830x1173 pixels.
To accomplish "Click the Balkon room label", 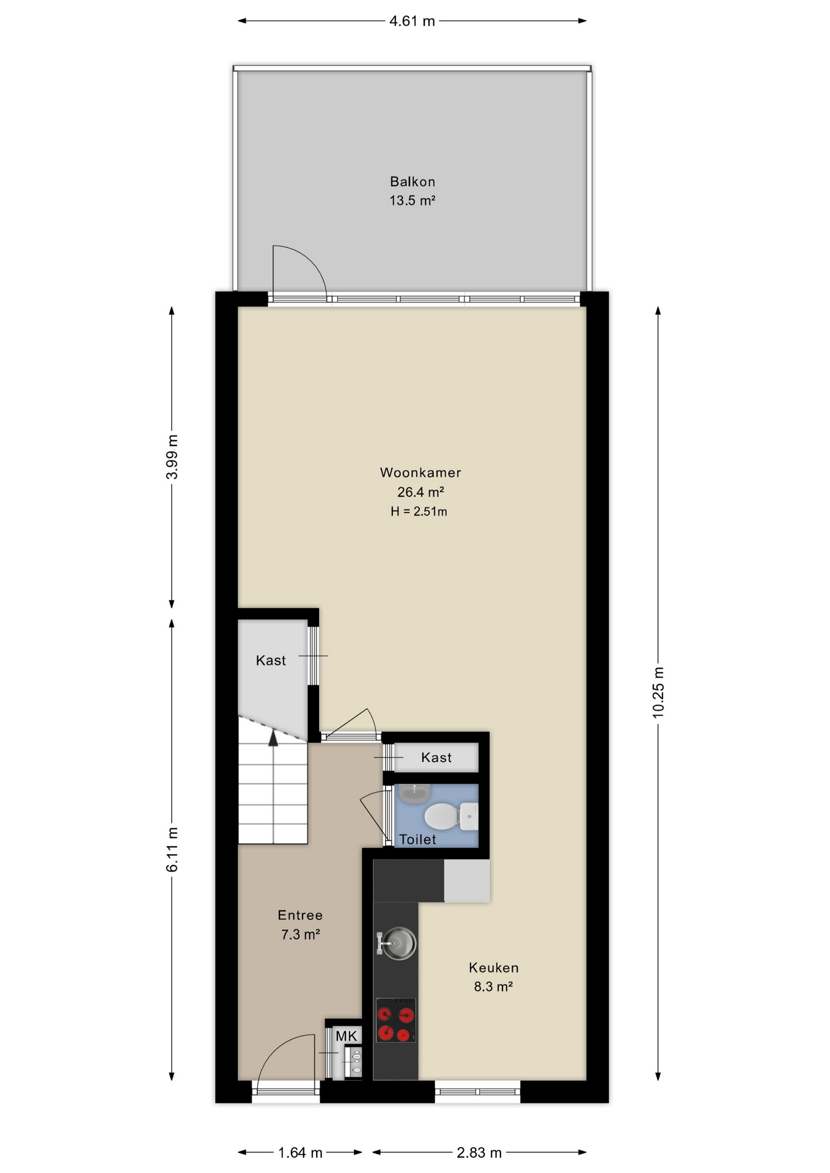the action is (413, 181).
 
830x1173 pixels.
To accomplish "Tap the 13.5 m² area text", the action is (413, 200).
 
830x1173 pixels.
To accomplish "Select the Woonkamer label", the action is (421, 472).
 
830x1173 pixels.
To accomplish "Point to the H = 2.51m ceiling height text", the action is (419, 511).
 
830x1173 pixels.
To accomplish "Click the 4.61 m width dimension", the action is (413, 21).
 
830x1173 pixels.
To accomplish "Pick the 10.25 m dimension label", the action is (658, 692).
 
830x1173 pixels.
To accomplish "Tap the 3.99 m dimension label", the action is (172, 457).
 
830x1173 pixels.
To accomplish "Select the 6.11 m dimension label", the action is (172, 850).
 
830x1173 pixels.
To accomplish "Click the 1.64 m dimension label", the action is (300, 1153).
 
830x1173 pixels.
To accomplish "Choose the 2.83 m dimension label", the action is (479, 1153).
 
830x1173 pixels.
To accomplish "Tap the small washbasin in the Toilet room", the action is (414, 793).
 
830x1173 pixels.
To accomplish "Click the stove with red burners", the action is (395, 1020).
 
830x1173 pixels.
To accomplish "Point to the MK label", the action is (347, 1036).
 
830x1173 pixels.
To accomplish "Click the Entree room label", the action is (300, 915).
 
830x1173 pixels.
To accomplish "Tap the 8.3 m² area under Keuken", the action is (493, 987).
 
